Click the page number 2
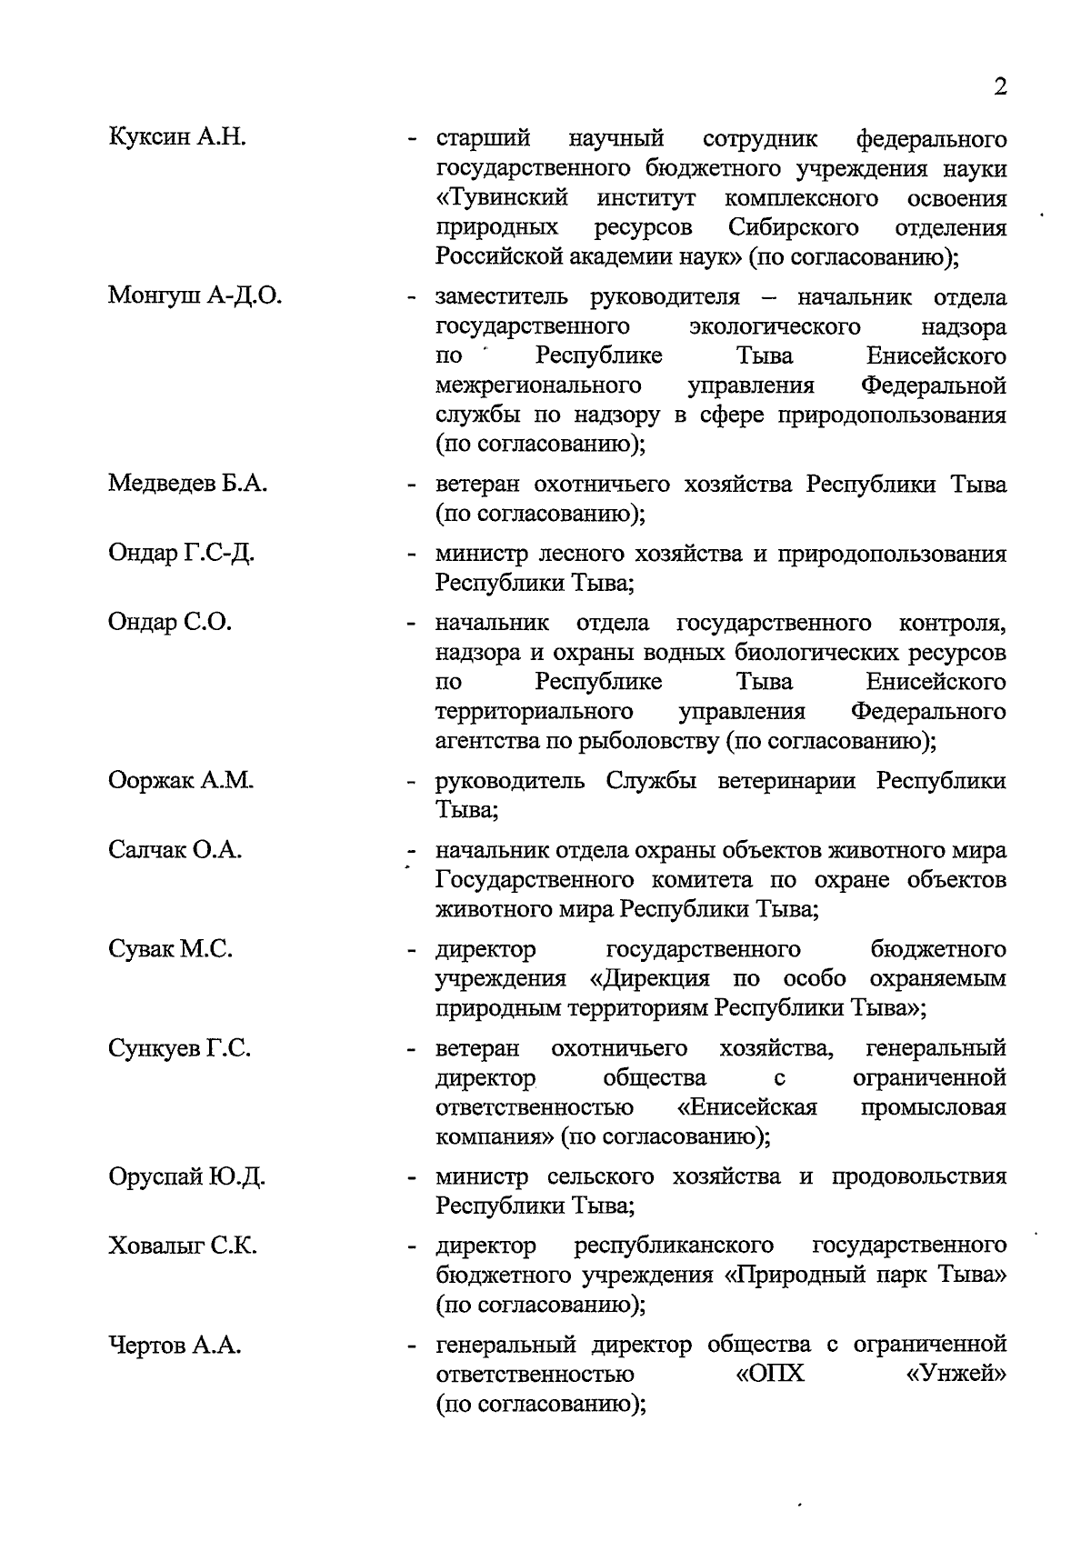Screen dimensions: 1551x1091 (x=1000, y=87)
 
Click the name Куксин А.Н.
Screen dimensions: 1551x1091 (x=177, y=138)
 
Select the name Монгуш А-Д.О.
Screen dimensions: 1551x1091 (x=195, y=295)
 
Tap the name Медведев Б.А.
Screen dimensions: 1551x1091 (x=187, y=484)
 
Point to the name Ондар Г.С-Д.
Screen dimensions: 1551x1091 (x=181, y=553)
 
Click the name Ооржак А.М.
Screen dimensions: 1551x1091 (x=180, y=781)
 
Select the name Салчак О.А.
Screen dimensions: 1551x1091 (x=175, y=850)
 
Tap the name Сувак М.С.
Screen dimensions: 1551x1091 (x=170, y=949)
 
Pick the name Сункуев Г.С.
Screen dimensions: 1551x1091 (x=179, y=1048)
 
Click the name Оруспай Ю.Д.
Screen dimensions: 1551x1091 (x=186, y=1176)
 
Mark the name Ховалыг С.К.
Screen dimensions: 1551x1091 (x=182, y=1245)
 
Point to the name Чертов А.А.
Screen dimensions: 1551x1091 (x=175, y=1345)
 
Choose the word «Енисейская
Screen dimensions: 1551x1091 (x=747, y=1107)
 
